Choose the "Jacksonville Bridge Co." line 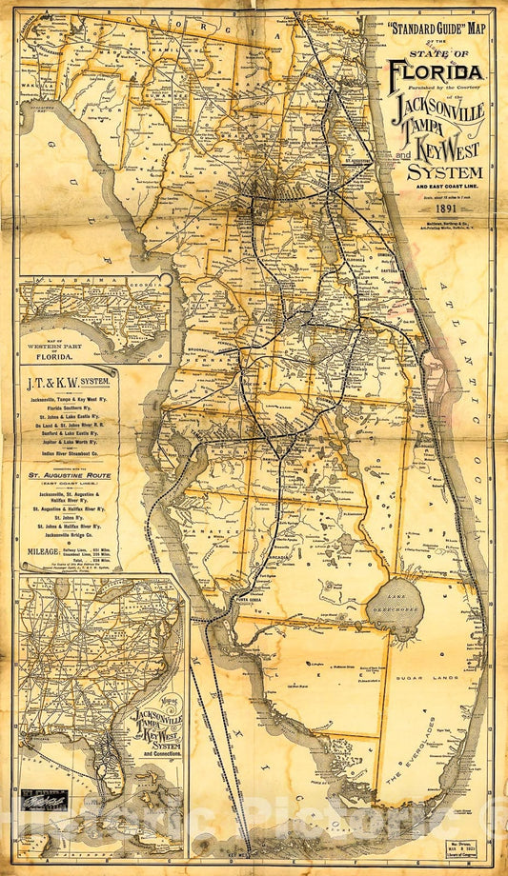click(68, 536)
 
